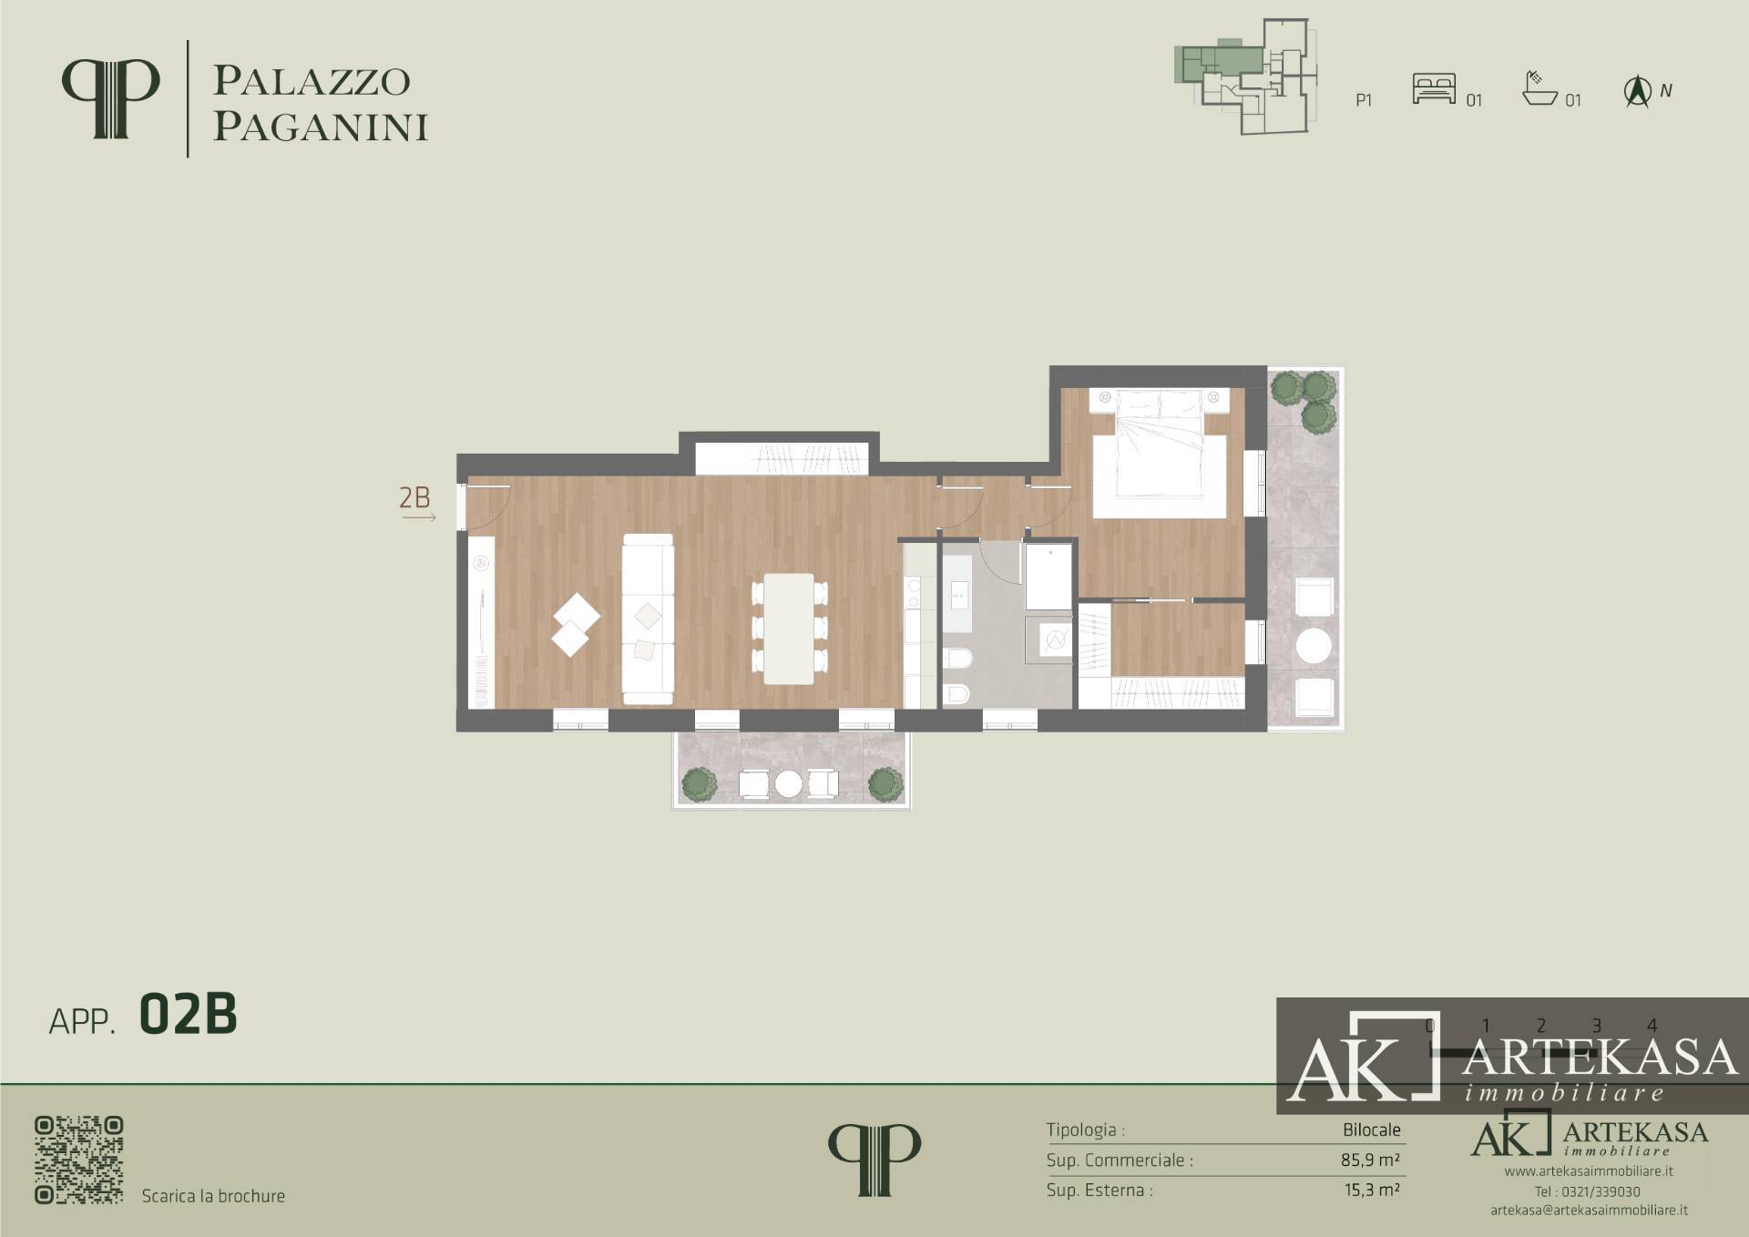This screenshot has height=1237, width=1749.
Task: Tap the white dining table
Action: (x=789, y=629)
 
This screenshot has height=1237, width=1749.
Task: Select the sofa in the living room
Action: (x=648, y=618)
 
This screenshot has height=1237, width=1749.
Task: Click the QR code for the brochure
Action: (x=79, y=1160)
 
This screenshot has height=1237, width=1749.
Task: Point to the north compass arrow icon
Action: (x=1638, y=92)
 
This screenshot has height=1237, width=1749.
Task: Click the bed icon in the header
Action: (x=1434, y=88)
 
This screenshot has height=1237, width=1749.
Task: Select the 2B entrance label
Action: (x=414, y=497)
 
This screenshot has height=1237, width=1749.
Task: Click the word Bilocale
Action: (x=1371, y=1130)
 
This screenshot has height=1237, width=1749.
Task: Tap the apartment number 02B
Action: (x=188, y=1015)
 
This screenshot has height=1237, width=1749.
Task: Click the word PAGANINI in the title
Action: (x=320, y=128)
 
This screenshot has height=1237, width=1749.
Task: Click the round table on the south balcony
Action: (x=788, y=783)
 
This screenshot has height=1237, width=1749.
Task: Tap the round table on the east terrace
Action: (x=1314, y=646)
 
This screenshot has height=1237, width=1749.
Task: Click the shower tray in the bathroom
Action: (x=1048, y=578)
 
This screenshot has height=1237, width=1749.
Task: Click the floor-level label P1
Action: (x=1364, y=100)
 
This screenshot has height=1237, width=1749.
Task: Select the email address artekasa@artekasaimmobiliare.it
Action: (x=1589, y=1211)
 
